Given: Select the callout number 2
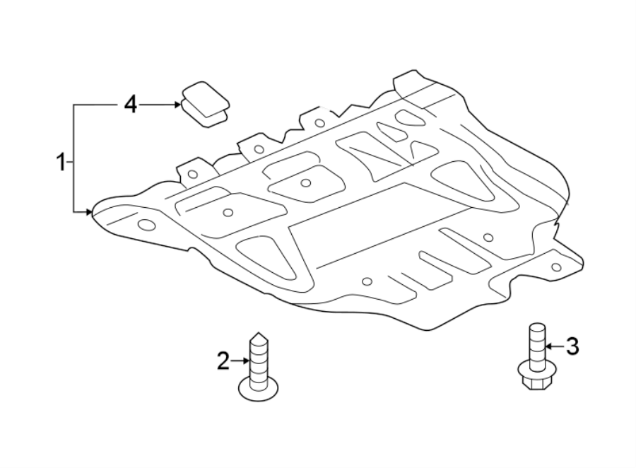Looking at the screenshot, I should (x=223, y=362).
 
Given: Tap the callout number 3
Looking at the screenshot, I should (x=572, y=346).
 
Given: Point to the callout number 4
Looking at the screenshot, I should (x=129, y=105).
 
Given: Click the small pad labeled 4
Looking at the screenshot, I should (x=205, y=105).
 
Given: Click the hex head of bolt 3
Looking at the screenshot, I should (x=536, y=380).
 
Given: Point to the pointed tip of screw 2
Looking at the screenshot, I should (x=258, y=335).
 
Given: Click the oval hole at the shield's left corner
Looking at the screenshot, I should (x=146, y=225).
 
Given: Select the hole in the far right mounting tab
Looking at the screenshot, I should (x=555, y=267).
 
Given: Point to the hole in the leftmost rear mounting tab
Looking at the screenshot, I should (x=192, y=173).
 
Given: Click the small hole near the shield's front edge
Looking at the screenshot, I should (x=366, y=281).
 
